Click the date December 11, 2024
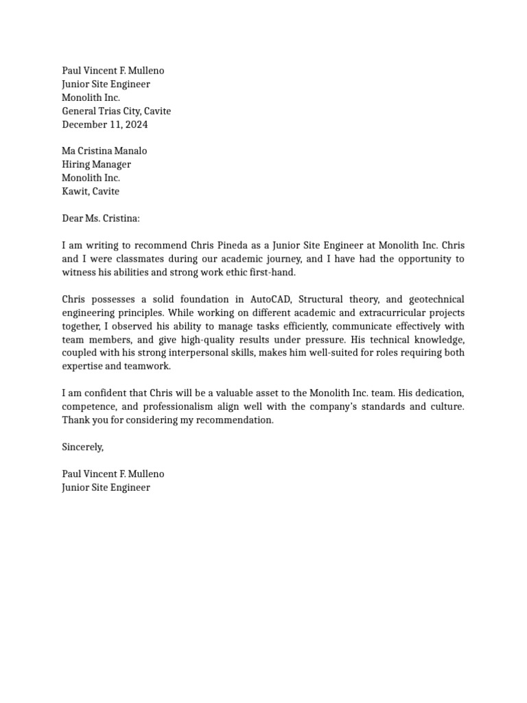tap(104, 124)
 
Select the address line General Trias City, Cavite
tap(116, 111)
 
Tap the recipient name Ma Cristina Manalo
tap(104, 151)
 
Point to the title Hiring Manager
tap(96, 165)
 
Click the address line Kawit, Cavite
tap(90, 192)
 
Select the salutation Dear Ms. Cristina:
tap(100, 218)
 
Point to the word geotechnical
tap(436, 299)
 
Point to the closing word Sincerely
tap(82, 447)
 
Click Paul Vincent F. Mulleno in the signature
tap(113, 474)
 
